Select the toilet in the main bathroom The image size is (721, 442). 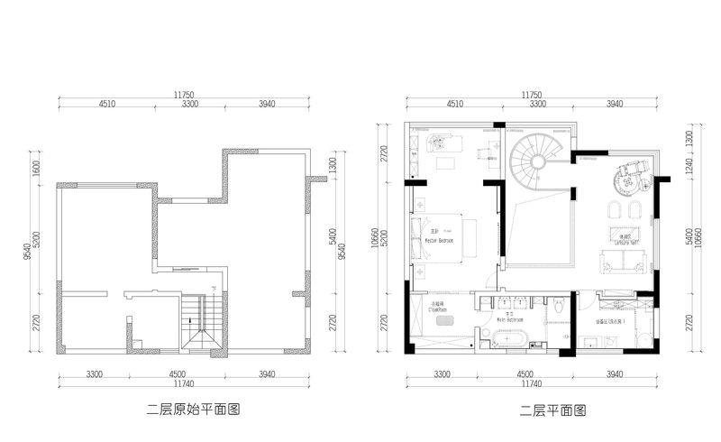click(x=560, y=308)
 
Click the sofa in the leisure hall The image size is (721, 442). click(x=625, y=264)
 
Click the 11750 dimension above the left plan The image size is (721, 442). click(x=185, y=94)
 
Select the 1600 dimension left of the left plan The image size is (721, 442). click(x=37, y=169)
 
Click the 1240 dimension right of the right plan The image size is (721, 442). click(x=689, y=168)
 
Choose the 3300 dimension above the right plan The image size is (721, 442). click(x=537, y=105)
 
